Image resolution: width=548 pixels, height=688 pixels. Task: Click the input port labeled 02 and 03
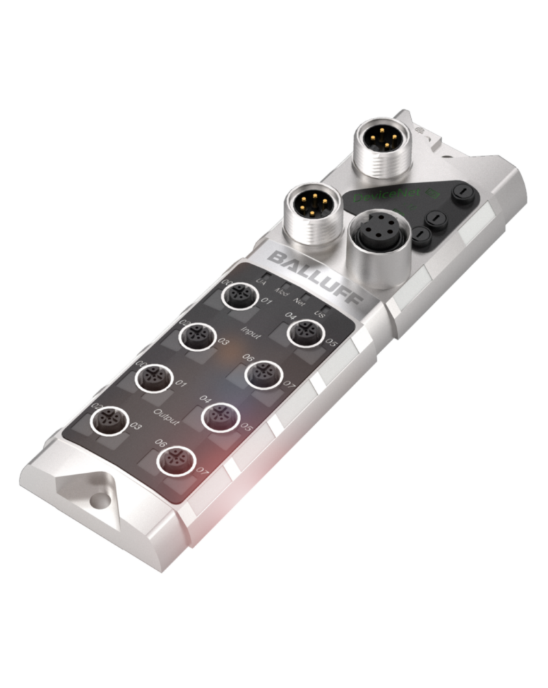pos(197,335)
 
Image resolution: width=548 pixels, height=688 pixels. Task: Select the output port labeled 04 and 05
pos(220,415)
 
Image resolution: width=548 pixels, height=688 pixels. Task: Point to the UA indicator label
pos(260,280)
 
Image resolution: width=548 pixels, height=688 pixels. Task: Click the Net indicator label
pos(300,299)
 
